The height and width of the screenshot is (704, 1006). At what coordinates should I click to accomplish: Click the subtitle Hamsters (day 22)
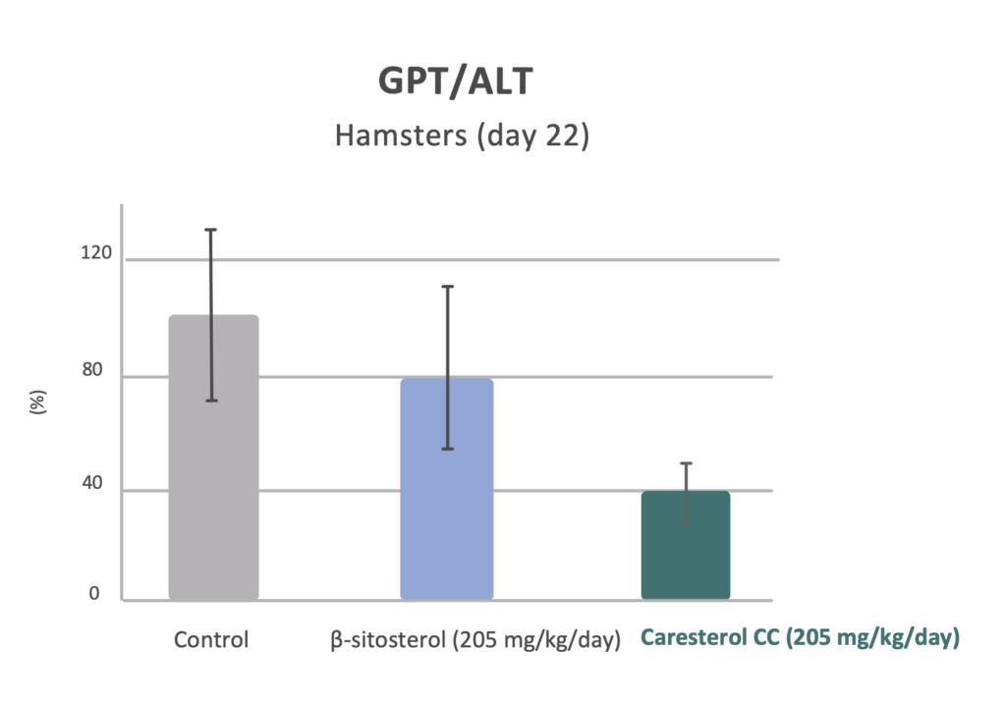[x=462, y=135]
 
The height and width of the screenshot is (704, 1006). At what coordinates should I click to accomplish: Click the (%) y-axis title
[x=40, y=404]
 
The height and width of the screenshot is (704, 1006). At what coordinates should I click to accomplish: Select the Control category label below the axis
[x=211, y=640]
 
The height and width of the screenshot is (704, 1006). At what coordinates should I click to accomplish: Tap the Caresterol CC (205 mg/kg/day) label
[x=800, y=639]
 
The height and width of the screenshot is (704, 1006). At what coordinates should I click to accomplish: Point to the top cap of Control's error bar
[x=210, y=230]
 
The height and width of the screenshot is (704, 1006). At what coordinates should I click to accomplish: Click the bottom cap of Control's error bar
[x=210, y=401]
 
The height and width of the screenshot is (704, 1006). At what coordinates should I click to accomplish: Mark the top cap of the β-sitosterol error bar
[x=447, y=287]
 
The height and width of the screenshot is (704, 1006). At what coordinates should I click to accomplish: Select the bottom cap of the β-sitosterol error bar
[x=447, y=449]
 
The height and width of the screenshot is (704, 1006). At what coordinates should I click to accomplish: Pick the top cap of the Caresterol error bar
[x=686, y=463]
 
